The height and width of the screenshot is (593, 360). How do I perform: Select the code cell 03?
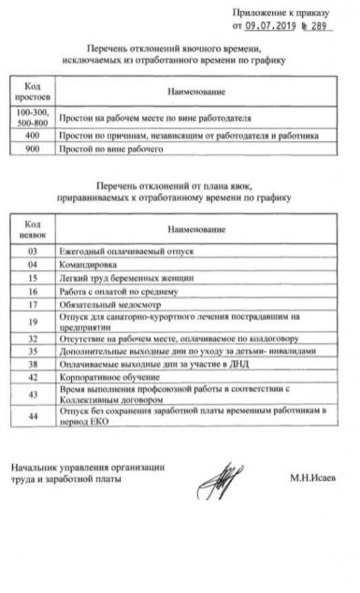click(x=33, y=252)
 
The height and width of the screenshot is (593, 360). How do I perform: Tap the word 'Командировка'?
click(x=88, y=265)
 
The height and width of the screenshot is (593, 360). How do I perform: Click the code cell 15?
click(x=33, y=278)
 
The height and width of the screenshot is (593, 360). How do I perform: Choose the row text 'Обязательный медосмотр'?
click(x=109, y=304)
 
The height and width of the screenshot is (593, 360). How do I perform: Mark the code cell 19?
click(x=33, y=322)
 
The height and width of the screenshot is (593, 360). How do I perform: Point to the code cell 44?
click(x=33, y=415)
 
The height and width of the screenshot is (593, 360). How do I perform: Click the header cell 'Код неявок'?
click(x=33, y=228)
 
